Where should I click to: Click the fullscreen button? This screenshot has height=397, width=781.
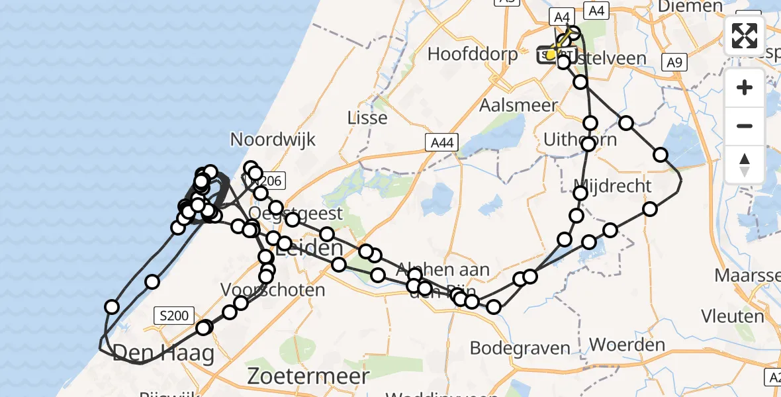point(745,36)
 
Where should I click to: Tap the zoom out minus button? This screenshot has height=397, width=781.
point(745,126)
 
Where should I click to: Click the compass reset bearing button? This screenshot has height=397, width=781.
point(745,164)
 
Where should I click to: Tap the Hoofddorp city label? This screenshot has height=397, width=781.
point(473,54)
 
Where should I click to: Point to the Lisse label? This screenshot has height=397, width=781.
point(367,118)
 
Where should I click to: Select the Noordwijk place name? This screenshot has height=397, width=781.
point(273,140)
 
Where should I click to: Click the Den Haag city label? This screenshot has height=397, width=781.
point(163,353)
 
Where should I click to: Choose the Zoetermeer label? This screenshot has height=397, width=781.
point(308,376)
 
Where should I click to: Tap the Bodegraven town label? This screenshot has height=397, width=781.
point(520,347)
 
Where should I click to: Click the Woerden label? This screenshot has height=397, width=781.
point(627,345)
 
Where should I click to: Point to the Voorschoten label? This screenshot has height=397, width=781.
point(273,290)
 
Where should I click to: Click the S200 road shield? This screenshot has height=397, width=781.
point(175,316)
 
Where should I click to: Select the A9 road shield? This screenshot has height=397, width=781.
point(674,62)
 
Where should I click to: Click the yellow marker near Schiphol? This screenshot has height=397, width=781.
point(551,54)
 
